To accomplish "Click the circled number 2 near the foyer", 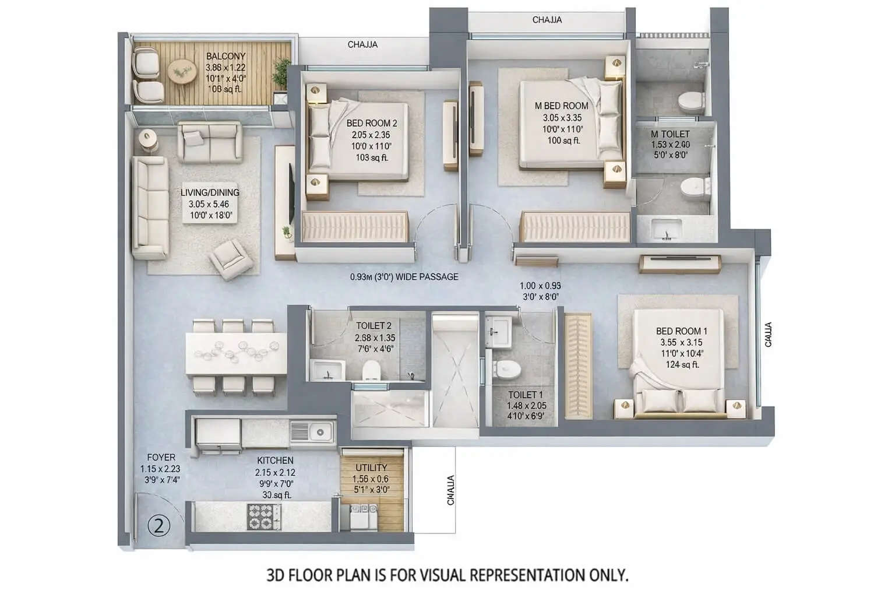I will coord(159,526).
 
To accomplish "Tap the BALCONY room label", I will coord(225,57).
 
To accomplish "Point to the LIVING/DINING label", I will coord(210,192).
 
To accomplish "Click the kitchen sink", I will coord(319,432).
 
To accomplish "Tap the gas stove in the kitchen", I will coord(265,516).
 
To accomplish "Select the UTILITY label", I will coord(371,468).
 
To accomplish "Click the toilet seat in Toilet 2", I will coord(371,371).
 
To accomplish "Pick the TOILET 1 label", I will coord(525,395).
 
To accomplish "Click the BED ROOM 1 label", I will coord(682,331).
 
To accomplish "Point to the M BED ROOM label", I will coord(561,106).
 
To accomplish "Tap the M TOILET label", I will coord(670,134).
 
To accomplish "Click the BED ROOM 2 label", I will coord(372,124).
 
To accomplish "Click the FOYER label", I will coord(161,458).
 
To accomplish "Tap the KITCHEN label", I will coord(275,461).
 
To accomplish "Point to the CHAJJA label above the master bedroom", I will coord(547,20).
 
